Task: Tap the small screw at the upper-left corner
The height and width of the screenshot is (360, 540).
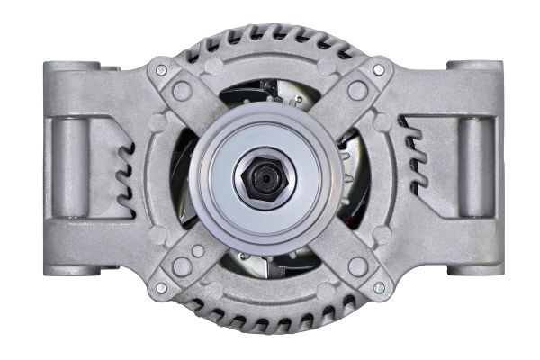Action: coord(161,70)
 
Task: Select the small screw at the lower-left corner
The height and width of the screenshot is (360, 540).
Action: coord(161,288)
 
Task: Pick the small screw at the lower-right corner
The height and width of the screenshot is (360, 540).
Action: coord(378,288)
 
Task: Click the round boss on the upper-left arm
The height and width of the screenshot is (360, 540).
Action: coord(183,91)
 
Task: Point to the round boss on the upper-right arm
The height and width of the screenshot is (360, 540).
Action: coord(357,91)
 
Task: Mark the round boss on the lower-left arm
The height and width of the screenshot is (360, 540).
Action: coord(183,267)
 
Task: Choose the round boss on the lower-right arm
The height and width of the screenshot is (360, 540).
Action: coord(357,267)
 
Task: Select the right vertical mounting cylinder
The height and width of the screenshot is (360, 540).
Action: coord(472,166)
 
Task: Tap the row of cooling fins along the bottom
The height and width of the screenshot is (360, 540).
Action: coord(270,319)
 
